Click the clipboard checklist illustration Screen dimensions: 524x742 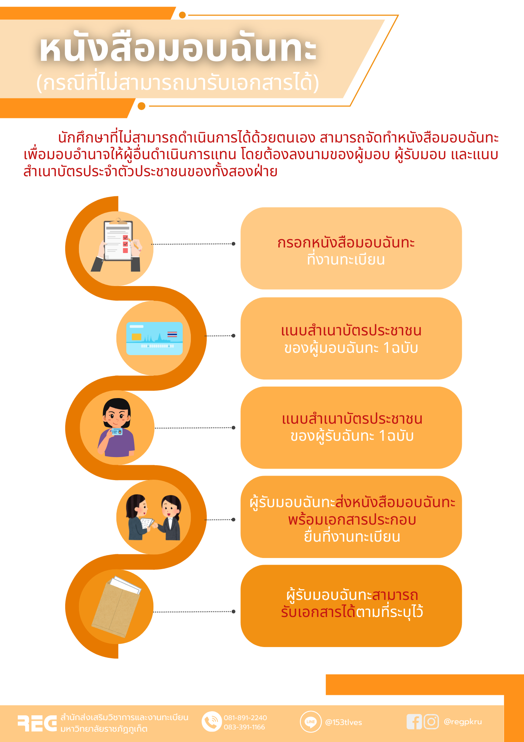coord(116,245)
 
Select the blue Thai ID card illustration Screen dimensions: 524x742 coord(155,338)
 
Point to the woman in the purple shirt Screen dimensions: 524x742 coord(116,427)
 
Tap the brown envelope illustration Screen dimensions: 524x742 coord(116,607)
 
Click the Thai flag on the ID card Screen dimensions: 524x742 coord(172,334)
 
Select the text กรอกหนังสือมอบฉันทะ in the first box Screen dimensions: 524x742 coord(346,243)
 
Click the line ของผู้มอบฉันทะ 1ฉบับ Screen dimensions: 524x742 coord(351,348)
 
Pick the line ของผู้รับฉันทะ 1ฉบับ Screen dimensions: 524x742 coord(352,436)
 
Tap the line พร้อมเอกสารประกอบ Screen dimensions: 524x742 coord(352,519)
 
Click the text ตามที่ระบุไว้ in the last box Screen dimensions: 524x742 coord(389,612)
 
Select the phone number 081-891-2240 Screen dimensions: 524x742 coord(245,718)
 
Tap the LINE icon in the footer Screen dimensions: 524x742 coord(311,722)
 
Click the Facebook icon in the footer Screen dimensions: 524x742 coord(414,722)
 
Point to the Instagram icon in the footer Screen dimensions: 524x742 coord(431,722)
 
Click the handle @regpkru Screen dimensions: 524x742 coord(463,722)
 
